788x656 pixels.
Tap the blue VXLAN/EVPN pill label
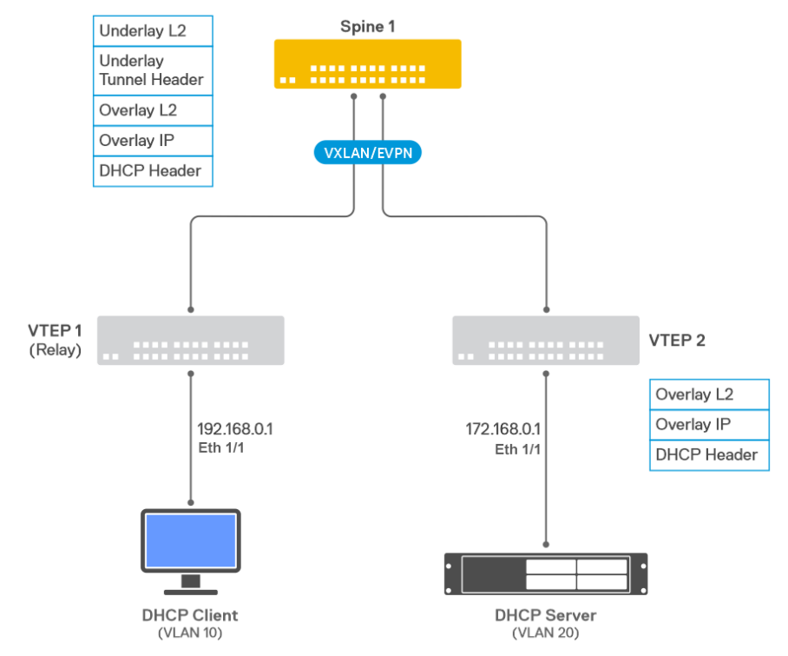[367, 152]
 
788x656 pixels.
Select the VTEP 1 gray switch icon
[191, 340]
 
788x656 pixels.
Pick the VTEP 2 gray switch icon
[546, 340]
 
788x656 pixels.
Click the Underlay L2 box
[153, 30]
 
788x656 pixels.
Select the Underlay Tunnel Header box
[153, 70]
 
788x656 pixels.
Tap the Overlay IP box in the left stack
[153, 140]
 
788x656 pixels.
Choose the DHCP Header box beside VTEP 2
[709, 454]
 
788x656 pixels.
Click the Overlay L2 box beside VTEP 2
[709, 394]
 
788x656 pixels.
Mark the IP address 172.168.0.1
[502, 429]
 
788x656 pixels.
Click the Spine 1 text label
[367, 26]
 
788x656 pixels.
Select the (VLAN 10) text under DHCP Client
[189, 633]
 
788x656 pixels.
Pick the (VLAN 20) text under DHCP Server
[545, 633]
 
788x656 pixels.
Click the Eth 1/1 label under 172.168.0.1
[517, 449]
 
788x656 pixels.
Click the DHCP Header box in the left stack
[153, 170]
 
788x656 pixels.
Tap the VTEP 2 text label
[677, 340]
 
